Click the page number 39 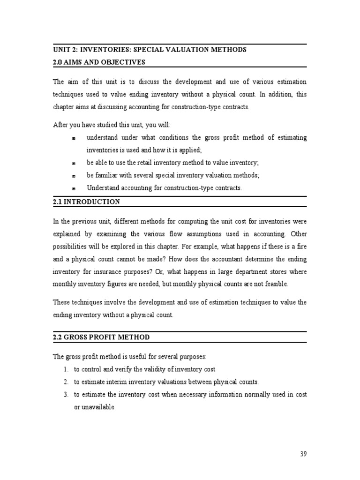tap(303, 454)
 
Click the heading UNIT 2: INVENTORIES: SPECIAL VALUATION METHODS tap(150, 50)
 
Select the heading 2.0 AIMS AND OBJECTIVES tap(99, 62)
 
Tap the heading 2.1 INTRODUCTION tap(86, 202)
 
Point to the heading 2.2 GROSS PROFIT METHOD tap(101, 337)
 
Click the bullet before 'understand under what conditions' tap(74, 138)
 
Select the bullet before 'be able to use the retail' tap(74, 163)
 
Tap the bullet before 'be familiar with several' tap(74, 176)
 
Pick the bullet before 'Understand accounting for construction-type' tap(74, 188)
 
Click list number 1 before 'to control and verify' tap(66, 369)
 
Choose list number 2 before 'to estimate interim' tap(66, 382)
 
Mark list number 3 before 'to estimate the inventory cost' tap(66, 395)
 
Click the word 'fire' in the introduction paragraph tap(301, 247)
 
